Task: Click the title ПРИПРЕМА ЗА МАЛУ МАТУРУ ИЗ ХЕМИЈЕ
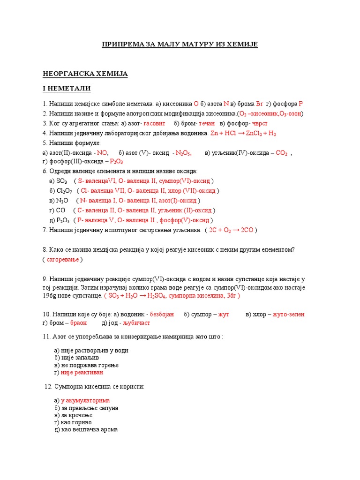pyautogui.click(x=180, y=45)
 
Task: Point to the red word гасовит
pyautogui.click(x=154, y=123)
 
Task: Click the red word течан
pyautogui.click(x=207, y=123)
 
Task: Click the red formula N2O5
pyautogui.click(x=183, y=152)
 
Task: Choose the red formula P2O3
pyautogui.click(x=117, y=162)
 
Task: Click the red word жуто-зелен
pyautogui.click(x=288, y=314)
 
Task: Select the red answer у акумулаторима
pyautogui.click(x=85, y=400)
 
